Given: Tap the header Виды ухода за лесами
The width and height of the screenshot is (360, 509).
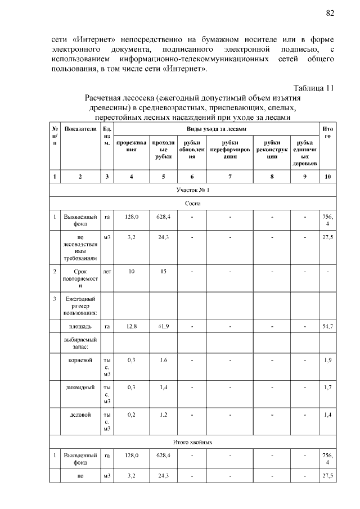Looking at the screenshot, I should (x=216, y=129).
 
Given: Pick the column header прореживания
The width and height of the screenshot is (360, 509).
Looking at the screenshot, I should (x=131, y=146).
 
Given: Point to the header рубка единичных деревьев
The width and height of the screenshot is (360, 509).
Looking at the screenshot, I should (x=304, y=152).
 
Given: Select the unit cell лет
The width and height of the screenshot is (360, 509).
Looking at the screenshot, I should (x=107, y=271).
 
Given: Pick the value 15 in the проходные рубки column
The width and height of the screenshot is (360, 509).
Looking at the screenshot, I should (x=163, y=271).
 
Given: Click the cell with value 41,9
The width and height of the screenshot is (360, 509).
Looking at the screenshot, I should (x=163, y=326).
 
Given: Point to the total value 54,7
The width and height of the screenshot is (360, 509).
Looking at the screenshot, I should (x=327, y=326).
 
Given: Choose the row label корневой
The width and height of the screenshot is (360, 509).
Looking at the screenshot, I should (x=80, y=359).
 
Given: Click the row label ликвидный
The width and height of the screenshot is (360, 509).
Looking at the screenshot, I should (x=80, y=387).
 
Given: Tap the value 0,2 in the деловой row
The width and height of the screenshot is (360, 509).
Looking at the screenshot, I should (x=131, y=415).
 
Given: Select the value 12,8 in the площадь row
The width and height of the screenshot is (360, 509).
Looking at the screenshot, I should (x=131, y=326).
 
